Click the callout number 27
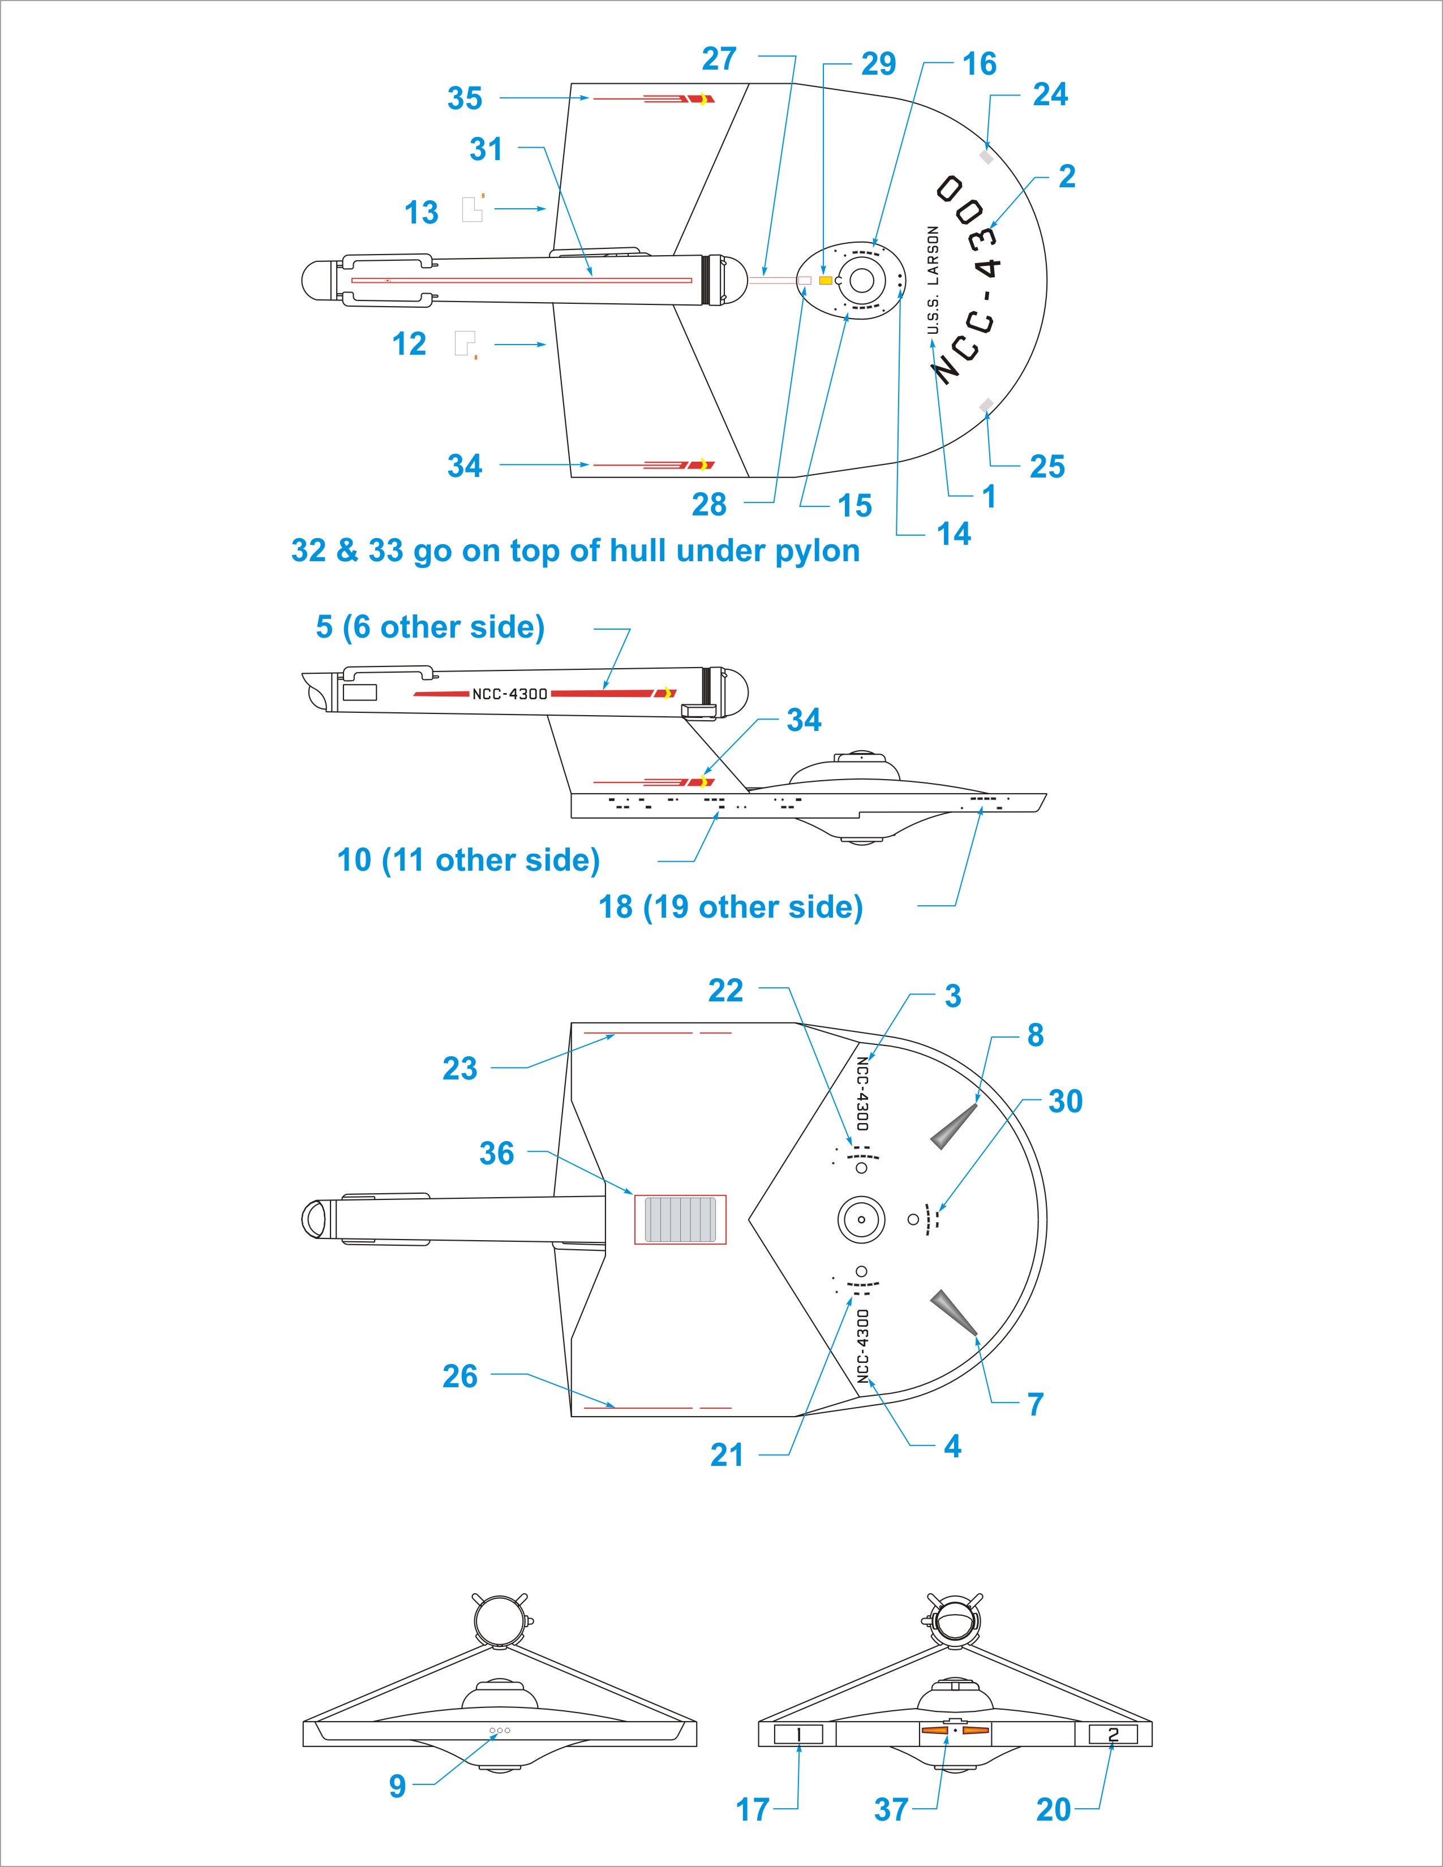click(719, 59)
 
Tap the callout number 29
click(878, 64)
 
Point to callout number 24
click(1050, 95)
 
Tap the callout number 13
click(420, 213)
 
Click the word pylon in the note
click(817, 552)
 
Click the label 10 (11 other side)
click(469, 860)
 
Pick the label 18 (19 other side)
click(730, 907)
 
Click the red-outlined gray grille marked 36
click(680, 1219)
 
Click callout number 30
click(1065, 1102)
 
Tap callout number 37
click(891, 1810)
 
